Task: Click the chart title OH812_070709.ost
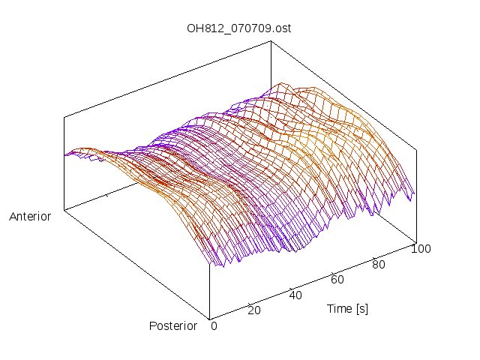(238, 28)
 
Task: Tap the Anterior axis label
(30, 217)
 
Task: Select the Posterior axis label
(173, 325)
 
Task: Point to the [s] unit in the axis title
(361, 309)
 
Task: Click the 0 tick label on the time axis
(214, 325)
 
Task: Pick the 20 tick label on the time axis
(253, 310)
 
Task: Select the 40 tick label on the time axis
(295, 295)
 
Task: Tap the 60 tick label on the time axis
(337, 280)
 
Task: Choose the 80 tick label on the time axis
(379, 264)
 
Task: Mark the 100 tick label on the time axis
(421, 249)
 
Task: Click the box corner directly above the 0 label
(209, 318)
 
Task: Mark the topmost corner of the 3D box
(269, 42)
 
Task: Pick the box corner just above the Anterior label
(64, 210)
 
